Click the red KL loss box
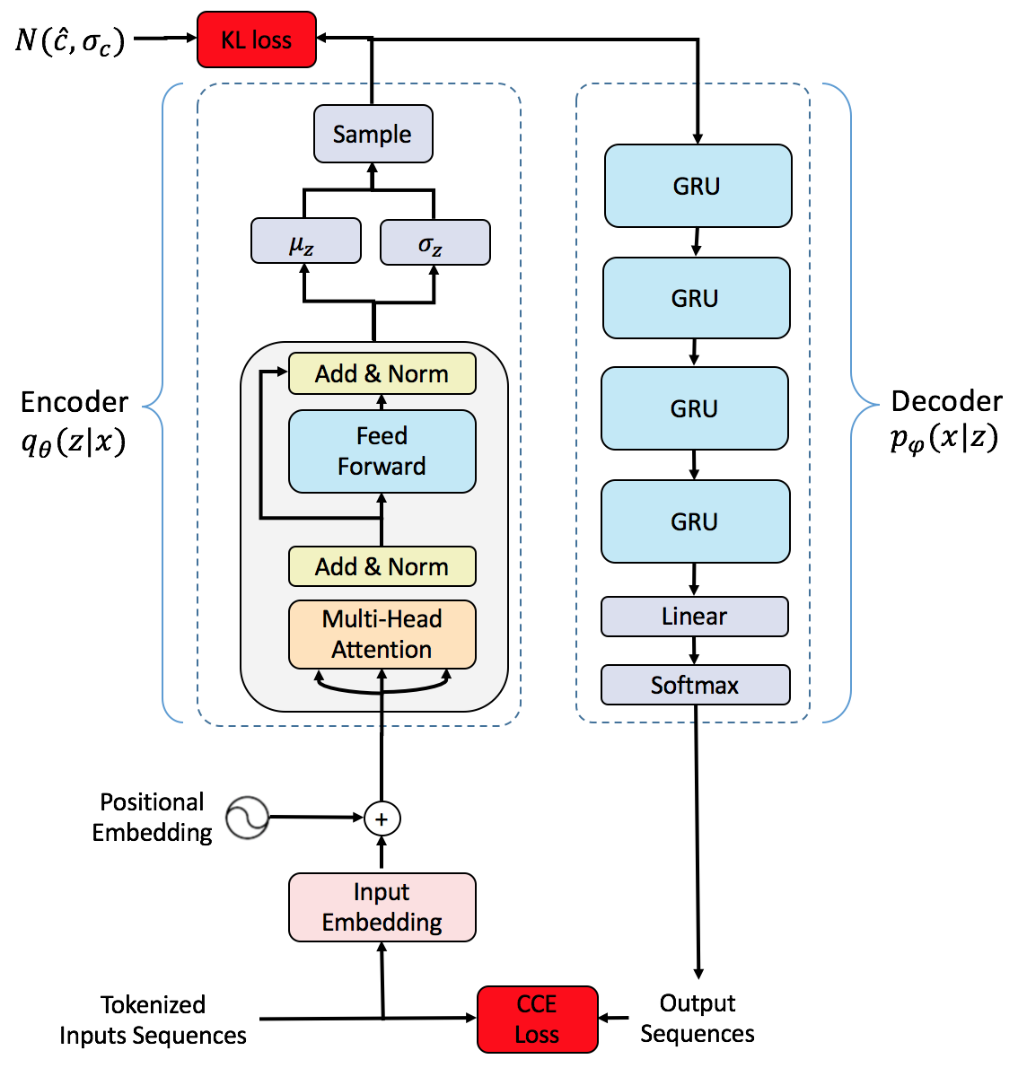[257, 39]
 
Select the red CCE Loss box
[537, 1019]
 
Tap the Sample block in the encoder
[373, 134]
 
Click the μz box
[305, 241]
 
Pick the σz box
[434, 242]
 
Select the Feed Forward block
[382, 451]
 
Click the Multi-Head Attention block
[382, 635]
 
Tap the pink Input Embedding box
[382, 907]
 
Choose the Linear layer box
[694, 617]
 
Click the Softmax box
[694, 685]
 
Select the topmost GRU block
[698, 186]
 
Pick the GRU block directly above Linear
[695, 521]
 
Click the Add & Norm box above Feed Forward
[382, 374]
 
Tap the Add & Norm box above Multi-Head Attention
[382, 566]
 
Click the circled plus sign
[382, 819]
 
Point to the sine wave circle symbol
[247, 818]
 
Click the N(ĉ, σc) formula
[70, 40]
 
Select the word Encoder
[75, 401]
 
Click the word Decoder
[946, 400]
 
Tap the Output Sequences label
[698, 1018]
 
